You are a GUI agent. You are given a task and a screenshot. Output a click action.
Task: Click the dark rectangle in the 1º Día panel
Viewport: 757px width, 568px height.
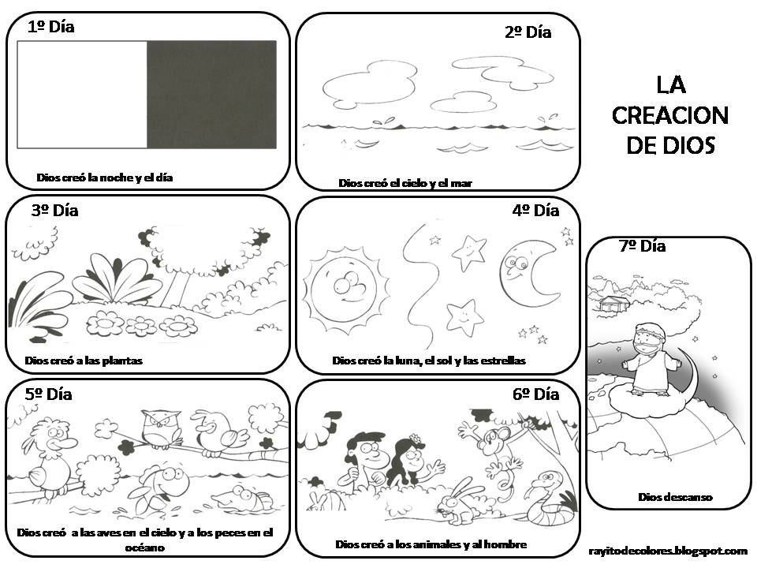(x=211, y=95)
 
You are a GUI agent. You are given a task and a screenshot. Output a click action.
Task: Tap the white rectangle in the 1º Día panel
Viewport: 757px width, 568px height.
(x=82, y=95)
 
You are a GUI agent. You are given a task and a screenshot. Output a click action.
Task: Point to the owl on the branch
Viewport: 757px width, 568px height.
(x=161, y=430)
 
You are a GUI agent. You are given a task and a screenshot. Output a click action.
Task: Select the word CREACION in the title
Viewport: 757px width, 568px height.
(x=669, y=115)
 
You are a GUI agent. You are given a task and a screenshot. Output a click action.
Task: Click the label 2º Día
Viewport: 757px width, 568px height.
(x=528, y=32)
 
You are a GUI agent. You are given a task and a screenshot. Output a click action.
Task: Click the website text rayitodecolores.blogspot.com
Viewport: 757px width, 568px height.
(x=667, y=551)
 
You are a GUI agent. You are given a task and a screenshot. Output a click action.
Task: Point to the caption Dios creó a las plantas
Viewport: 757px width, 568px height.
(x=84, y=361)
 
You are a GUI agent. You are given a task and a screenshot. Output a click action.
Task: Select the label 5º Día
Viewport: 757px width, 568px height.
(x=48, y=394)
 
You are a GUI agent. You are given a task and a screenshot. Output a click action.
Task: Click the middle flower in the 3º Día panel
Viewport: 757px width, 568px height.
(x=141, y=325)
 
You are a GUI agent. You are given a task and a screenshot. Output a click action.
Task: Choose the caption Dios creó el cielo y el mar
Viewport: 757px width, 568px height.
(x=405, y=183)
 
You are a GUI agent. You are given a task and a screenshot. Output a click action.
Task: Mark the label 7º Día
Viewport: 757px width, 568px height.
(x=642, y=246)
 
